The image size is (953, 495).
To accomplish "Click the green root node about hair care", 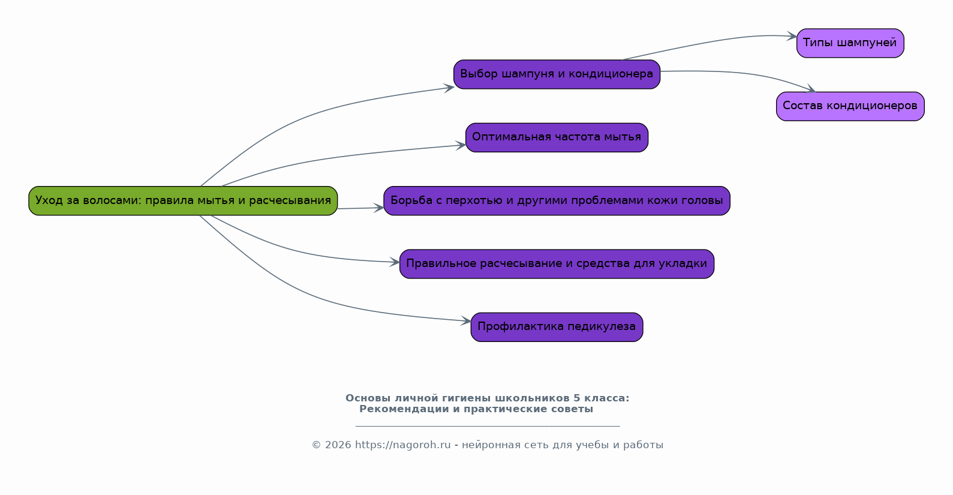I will pyautogui.click(x=183, y=200).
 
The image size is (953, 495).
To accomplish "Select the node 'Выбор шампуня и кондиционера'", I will pyautogui.click(x=557, y=74).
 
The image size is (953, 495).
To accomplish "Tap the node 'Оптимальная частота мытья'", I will pyautogui.click(x=557, y=137).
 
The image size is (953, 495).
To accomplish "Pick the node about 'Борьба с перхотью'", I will pyautogui.click(x=557, y=200).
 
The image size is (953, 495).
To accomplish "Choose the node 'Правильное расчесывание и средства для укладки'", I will pyautogui.click(x=557, y=264).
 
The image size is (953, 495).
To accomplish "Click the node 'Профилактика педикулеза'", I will pyautogui.click(x=557, y=327).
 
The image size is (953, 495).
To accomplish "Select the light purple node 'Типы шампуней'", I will pyautogui.click(x=850, y=43).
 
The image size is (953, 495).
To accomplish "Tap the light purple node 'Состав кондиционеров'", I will pyautogui.click(x=850, y=106).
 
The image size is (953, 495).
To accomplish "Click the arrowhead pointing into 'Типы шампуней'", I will pyautogui.click(x=792, y=37).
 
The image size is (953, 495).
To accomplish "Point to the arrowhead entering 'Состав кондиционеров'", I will pyautogui.click(x=810, y=90).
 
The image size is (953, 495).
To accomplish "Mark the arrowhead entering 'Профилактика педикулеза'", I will pyautogui.click(x=466, y=321).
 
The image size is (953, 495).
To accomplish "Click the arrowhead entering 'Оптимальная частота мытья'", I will pyautogui.click(x=461, y=145).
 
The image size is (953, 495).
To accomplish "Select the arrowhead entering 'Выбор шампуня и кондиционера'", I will pyautogui.click(x=449, y=88).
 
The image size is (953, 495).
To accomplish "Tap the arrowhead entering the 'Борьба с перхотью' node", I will pyautogui.click(x=379, y=208).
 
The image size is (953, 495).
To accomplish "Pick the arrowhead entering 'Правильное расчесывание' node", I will pyautogui.click(x=395, y=262).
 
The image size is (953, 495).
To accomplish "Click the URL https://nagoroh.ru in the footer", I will pyautogui.click(x=402, y=445).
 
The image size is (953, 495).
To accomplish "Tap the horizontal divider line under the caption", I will pyautogui.click(x=487, y=426).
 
